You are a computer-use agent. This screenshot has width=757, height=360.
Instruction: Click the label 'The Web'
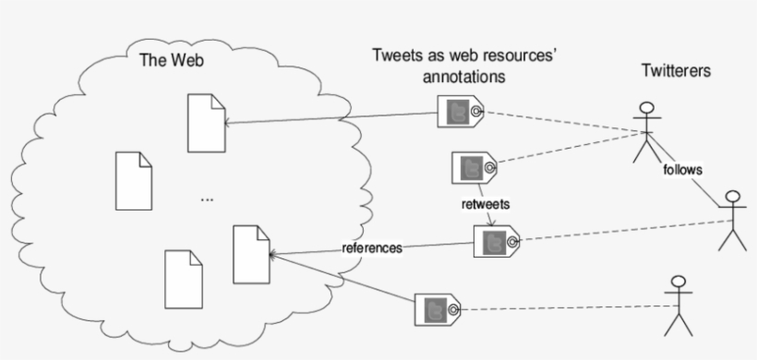pos(171,62)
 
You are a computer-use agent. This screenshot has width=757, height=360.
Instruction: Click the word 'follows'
pos(682,170)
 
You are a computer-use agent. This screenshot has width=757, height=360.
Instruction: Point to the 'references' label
pos(372,248)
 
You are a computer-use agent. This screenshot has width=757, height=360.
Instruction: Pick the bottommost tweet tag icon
pos(438,308)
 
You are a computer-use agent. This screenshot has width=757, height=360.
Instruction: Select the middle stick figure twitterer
pos(732,220)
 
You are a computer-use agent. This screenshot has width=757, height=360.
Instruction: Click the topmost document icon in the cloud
pos(205,122)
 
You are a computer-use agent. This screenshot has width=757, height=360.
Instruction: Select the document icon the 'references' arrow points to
pos(251,253)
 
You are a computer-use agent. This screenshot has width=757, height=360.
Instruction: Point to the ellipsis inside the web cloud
pos(206,198)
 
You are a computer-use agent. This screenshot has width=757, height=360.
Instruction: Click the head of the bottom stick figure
pos(679,283)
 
